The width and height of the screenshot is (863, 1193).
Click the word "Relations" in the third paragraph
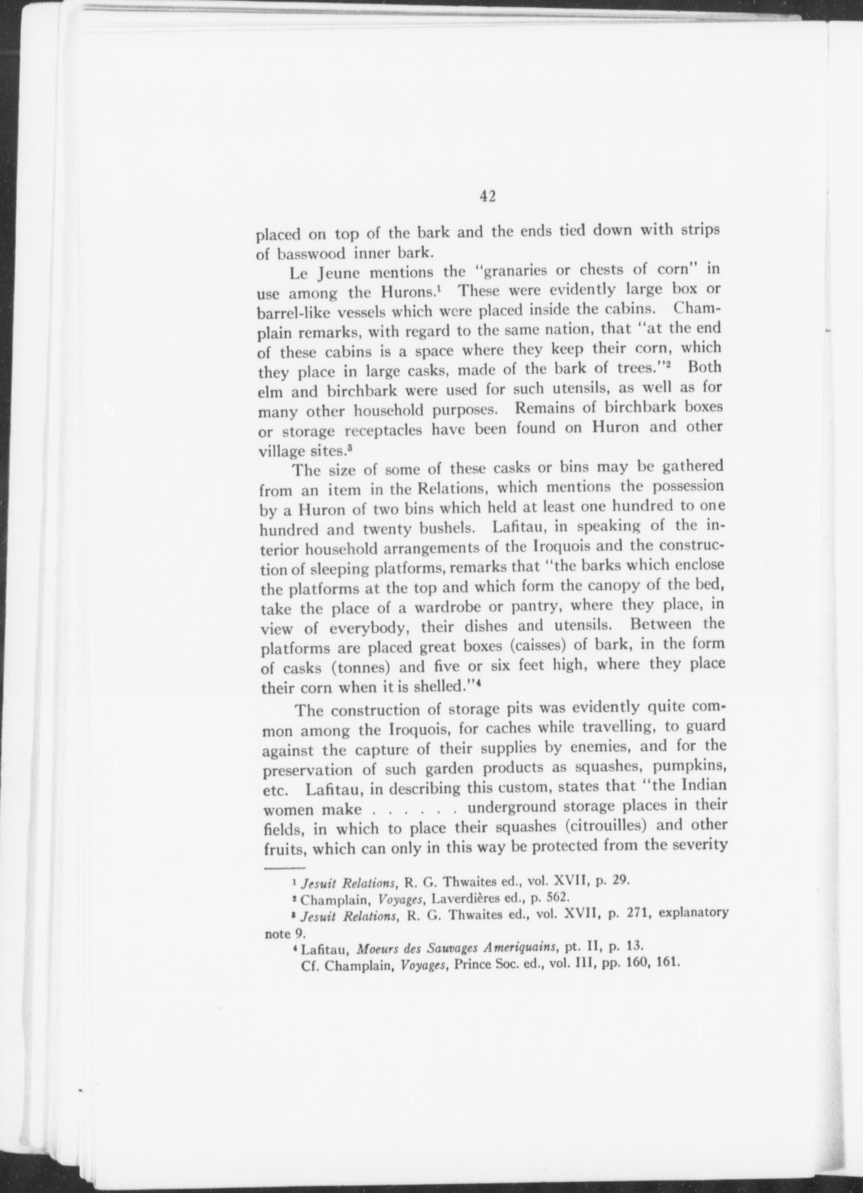[x=455, y=487]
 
